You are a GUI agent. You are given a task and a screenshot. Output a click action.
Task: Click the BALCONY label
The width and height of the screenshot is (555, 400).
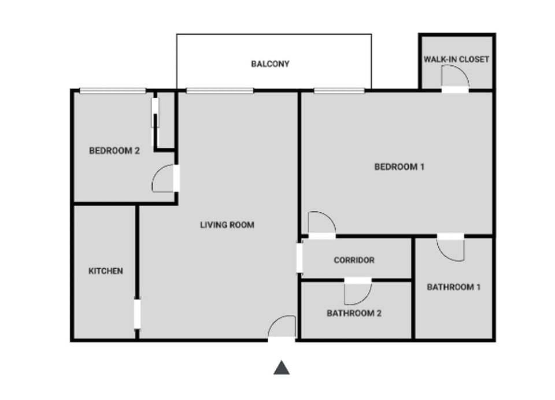click(x=270, y=64)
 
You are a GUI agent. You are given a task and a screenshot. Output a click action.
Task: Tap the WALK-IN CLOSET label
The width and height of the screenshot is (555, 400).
click(x=456, y=59)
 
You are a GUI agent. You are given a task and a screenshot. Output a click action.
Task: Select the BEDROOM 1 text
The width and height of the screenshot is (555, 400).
click(x=399, y=167)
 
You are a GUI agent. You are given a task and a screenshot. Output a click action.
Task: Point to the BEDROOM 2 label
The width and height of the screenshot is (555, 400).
click(x=114, y=151)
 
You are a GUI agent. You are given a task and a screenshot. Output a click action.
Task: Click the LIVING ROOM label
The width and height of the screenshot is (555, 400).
click(x=227, y=225)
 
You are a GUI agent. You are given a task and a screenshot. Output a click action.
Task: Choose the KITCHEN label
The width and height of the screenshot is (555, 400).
click(x=105, y=271)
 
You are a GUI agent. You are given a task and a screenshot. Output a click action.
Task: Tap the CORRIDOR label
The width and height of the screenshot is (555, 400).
click(x=354, y=260)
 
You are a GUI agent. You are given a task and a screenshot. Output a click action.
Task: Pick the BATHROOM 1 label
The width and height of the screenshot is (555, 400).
click(x=453, y=287)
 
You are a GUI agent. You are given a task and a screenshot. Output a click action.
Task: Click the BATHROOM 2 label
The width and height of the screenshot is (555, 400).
click(x=354, y=314)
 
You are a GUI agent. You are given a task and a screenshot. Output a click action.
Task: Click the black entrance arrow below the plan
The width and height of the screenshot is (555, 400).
click(x=281, y=368)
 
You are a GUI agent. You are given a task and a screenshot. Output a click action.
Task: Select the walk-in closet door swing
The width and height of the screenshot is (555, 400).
click(x=454, y=77)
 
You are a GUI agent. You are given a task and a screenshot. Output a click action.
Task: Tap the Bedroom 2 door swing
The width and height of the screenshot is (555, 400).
click(x=164, y=179)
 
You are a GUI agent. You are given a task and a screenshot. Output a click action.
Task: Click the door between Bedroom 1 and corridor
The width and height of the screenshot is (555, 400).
click(x=321, y=224)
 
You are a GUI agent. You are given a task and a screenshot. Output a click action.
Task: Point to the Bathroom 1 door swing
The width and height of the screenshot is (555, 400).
click(x=450, y=249)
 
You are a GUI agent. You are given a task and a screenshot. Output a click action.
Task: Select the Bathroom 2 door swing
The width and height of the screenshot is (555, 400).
click(x=357, y=293)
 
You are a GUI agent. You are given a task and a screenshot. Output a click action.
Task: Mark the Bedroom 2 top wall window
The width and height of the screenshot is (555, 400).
click(x=113, y=91)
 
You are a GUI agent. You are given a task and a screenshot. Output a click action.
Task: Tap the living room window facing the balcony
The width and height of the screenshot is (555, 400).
click(x=220, y=91)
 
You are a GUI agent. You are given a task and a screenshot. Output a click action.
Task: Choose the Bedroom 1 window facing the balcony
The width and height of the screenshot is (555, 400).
click(x=339, y=91)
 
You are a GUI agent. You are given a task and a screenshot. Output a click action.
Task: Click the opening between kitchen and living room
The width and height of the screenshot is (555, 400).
click(x=137, y=314)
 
